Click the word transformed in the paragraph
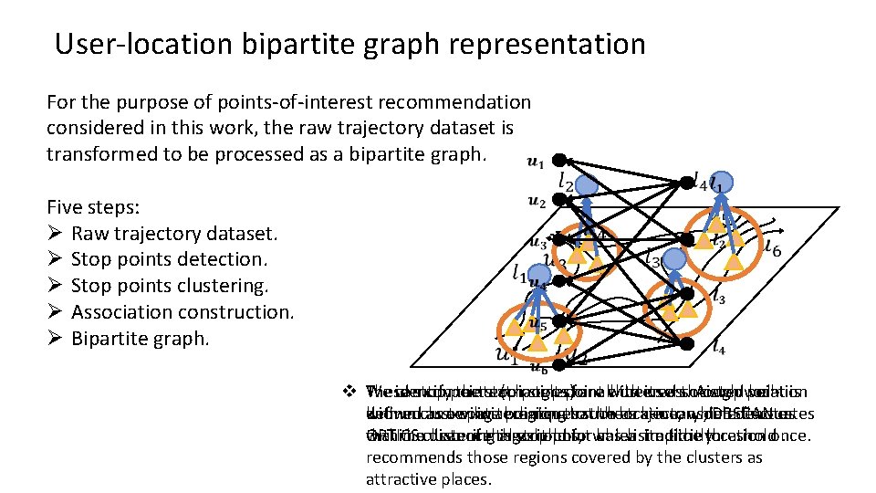(x=101, y=152)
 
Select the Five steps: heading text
(x=93, y=206)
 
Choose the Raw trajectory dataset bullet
(x=173, y=233)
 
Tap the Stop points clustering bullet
(x=170, y=286)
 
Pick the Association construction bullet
(x=182, y=312)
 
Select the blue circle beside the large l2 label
(x=586, y=185)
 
